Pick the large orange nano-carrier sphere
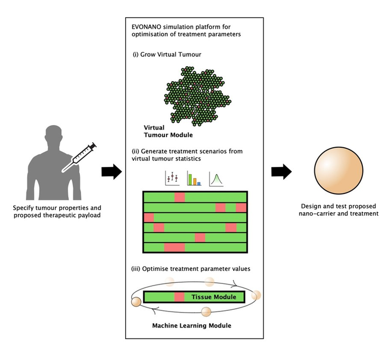[336, 173]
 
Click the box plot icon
[173, 178]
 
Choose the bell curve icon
[216, 178]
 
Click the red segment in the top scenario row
[180, 197]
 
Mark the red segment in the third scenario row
[149, 217]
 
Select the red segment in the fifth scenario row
[200, 238]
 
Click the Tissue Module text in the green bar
[213, 297]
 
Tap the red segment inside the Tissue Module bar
[180, 297]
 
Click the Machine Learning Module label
[191, 325]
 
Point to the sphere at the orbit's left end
[135, 301]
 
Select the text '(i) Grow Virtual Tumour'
[167, 55]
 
